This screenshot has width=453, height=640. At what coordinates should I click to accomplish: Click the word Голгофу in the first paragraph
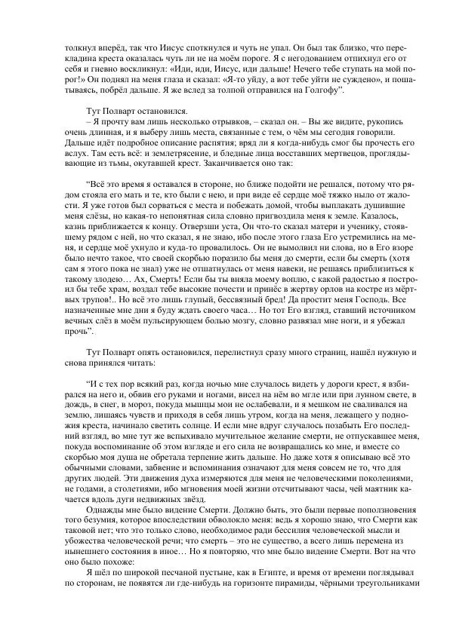tap(323, 90)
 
